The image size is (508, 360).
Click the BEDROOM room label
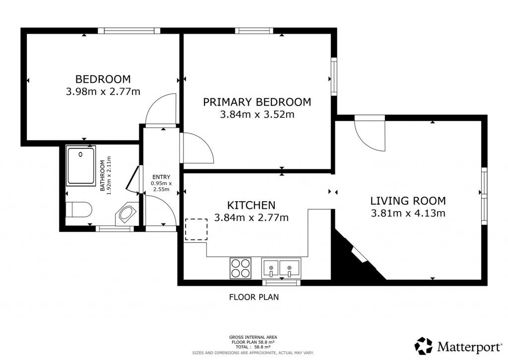(x=103, y=79)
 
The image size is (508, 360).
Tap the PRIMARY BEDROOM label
(x=257, y=102)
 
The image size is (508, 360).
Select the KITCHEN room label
(x=252, y=205)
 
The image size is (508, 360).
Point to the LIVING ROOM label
(x=408, y=201)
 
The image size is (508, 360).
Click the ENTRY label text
(x=161, y=177)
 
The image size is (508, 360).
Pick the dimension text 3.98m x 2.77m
(x=103, y=92)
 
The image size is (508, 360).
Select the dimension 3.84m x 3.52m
(x=257, y=115)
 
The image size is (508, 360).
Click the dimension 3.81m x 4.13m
(x=408, y=214)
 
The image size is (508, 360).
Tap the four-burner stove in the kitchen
(x=241, y=268)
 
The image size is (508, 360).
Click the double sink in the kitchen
(x=281, y=268)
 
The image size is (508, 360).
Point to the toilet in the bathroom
(x=79, y=210)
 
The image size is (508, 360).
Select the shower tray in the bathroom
(x=81, y=166)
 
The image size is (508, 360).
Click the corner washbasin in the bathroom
(x=127, y=214)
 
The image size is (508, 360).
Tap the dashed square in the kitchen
(x=196, y=229)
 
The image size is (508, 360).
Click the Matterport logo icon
(x=424, y=346)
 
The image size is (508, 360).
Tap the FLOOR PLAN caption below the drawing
(x=254, y=297)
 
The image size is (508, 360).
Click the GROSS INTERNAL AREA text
(x=253, y=337)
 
